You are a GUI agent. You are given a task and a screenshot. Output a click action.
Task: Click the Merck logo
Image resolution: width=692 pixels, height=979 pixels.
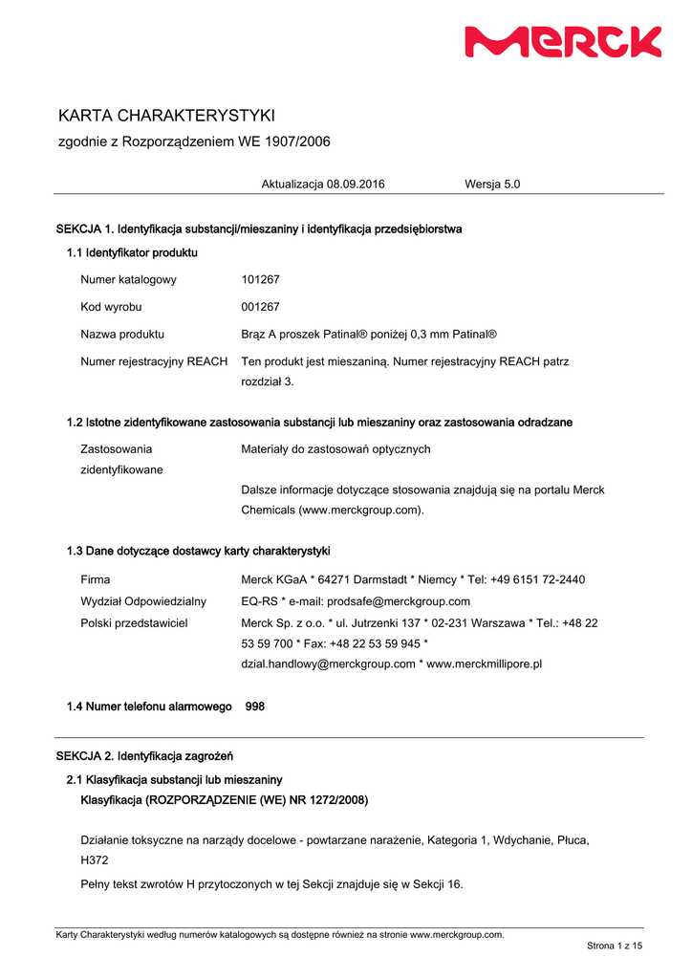pos(563,42)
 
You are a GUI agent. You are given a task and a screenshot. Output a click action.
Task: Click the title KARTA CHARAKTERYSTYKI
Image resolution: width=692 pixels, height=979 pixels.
pos(166,116)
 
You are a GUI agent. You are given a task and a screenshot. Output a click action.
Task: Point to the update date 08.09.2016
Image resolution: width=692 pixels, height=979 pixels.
pos(356,184)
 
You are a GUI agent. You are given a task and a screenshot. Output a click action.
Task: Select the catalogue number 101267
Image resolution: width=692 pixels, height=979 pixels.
pos(260,279)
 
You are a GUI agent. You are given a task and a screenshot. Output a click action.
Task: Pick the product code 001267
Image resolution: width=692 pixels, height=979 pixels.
pos(260,307)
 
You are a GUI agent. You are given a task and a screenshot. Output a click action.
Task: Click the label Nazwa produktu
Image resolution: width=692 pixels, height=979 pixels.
pos(122,335)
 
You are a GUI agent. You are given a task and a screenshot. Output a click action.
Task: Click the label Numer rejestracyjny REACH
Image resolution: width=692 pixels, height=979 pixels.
pos(154,361)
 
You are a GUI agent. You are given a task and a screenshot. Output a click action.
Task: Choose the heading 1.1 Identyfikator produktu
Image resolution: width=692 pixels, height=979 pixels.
pos(132,252)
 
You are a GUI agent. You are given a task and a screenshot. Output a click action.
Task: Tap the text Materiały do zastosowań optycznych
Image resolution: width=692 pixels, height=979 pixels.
pos(335,449)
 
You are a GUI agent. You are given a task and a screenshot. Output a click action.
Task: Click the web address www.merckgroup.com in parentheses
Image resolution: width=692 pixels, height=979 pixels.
pos(361,511)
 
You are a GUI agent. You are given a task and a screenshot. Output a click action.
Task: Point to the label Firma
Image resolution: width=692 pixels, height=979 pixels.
pos(95,579)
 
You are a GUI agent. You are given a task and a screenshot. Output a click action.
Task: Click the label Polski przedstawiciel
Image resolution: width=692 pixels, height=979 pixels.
pos(134,622)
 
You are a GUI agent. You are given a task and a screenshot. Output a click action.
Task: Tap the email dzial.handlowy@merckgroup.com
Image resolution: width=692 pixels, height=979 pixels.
pos(328,664)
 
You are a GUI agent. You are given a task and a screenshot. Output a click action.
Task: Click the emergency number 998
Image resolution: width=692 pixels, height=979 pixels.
pos(255,707)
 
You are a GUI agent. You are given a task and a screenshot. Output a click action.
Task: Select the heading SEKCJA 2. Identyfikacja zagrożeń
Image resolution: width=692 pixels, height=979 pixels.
pos(144,756)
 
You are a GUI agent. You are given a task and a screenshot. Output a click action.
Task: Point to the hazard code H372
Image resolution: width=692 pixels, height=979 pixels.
pos(94,860)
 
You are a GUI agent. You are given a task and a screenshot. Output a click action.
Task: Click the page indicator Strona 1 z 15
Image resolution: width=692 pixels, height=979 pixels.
pos(614,946)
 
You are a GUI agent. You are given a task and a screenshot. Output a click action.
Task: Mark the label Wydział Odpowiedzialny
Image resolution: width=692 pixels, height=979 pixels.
pos(143,601)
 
